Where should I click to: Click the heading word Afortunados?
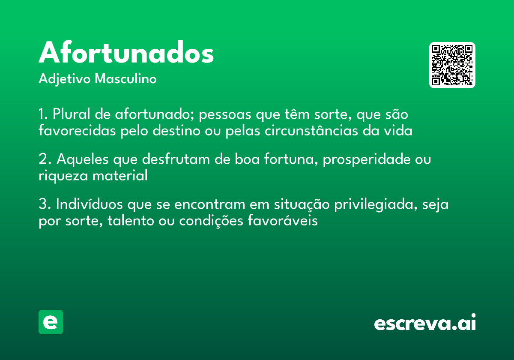pyautogui.click(x=126, y=54)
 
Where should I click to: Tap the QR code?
pyautogui.click(x=452, y=65)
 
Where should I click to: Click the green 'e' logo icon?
pyautogui.click(x=51, y=322)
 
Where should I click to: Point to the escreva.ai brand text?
pyautogui.click(x=425, y=323)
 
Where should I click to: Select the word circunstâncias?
pyautogui.click(x=311, y=130)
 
